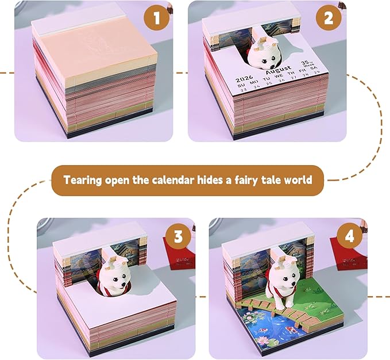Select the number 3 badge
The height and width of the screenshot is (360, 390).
coord(178,236)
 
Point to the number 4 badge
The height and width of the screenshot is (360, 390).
coord(352,236)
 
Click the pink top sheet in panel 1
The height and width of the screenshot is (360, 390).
coord(95,46)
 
